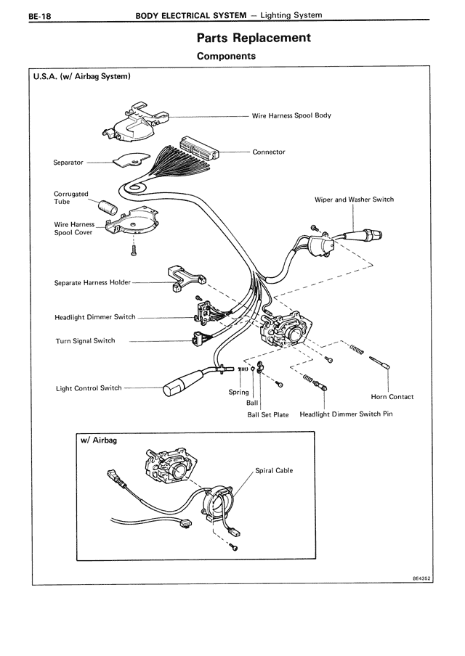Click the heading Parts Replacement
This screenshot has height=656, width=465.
point(254,37)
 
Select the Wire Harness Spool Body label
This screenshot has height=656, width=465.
point(291,115)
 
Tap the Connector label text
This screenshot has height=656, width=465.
point(269,152)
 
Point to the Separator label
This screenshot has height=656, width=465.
point(68,163)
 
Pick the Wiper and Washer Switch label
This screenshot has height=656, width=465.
point(354,200)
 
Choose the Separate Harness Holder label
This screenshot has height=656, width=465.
point(92,282)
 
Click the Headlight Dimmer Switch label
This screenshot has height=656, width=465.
point(95,317)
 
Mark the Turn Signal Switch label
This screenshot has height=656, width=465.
point(85,341)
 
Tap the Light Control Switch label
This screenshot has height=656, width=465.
point(89,388)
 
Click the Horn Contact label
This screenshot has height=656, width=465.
point(392,397)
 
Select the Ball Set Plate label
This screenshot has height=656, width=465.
point(268,415)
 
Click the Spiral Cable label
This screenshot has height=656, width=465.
point(274,471)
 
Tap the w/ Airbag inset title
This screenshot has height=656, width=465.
point(100,440)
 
